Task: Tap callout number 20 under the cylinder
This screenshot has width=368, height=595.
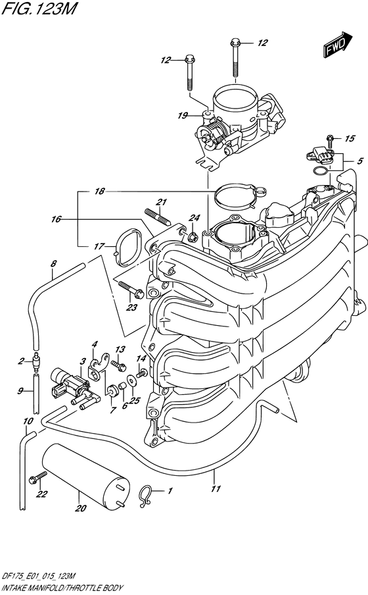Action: [x=80, y=507]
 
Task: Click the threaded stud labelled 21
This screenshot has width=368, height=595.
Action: [x=157, y=219]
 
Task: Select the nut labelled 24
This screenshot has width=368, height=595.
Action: [x=193, y=235]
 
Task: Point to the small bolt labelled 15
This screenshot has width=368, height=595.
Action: [x=329, y=140]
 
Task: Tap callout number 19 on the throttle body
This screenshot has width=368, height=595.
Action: [x=183, y=115]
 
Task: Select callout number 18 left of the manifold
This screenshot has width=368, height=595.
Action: [x=99, y=192]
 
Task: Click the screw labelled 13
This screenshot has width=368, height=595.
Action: [x=116, y=364]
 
